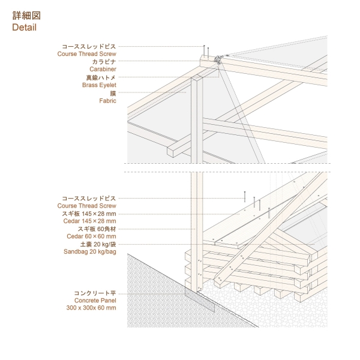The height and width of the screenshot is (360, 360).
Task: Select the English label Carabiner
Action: click(x=103, y=69)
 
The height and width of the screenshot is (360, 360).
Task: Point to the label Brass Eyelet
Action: click(x=99, y=85)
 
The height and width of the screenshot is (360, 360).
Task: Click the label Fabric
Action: click(x=107, y=101)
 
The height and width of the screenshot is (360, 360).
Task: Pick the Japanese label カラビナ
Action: click(x=104, y=61)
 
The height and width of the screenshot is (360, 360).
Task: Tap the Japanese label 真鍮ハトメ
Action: click(x=100, y=77)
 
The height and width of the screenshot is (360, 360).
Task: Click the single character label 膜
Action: click(x=113, y=93)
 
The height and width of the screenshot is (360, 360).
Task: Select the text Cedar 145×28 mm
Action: click(x=90, y=221)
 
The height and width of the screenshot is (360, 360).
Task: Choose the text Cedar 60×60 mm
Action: click(x=92, y=237)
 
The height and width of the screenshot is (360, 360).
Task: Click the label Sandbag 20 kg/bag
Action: click(x=90, y=253)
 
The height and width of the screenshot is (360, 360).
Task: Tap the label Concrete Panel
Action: click(x=95, y=300)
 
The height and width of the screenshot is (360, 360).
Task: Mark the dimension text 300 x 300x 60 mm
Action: click(x=91, y=308)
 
